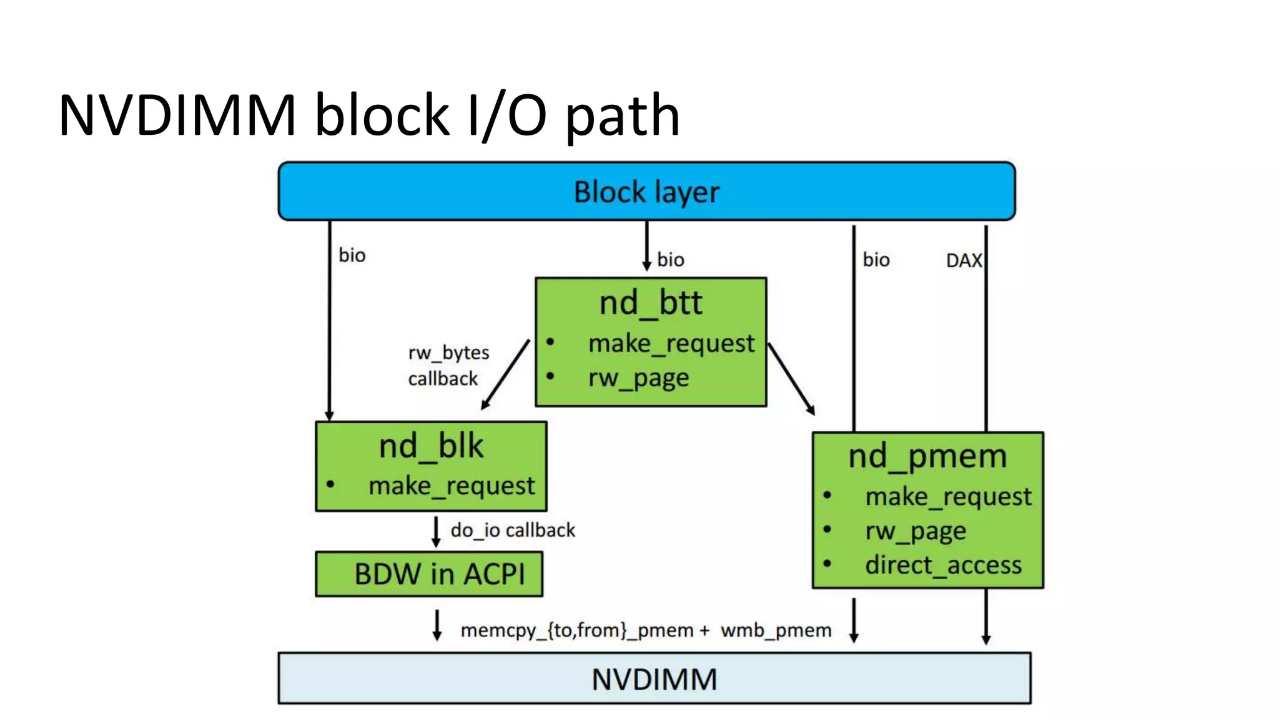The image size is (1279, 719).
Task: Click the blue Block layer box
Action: click(646, 192)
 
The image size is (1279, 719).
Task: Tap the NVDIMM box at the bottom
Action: click(654, 678)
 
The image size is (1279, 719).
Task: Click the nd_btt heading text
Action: click(650, 303)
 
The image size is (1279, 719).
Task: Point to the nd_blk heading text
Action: click(431, 447)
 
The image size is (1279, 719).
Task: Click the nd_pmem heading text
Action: click(927, 456)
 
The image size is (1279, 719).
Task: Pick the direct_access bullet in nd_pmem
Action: click(942, 565)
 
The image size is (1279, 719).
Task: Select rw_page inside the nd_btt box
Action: click(638, 378)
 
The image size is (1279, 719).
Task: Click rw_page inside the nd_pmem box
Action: click(915, 531)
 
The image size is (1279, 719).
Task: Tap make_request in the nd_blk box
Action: click(451, 486)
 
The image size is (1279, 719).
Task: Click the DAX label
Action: click(963, 260)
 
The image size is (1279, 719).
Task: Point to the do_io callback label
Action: click(512, 530)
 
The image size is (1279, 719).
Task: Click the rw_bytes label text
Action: click(448, 353)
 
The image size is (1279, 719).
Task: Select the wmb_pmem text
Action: click(776, 630)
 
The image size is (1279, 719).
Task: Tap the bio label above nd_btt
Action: click(670, 260)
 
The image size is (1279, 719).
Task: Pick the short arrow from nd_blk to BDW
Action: click(436, 531)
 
